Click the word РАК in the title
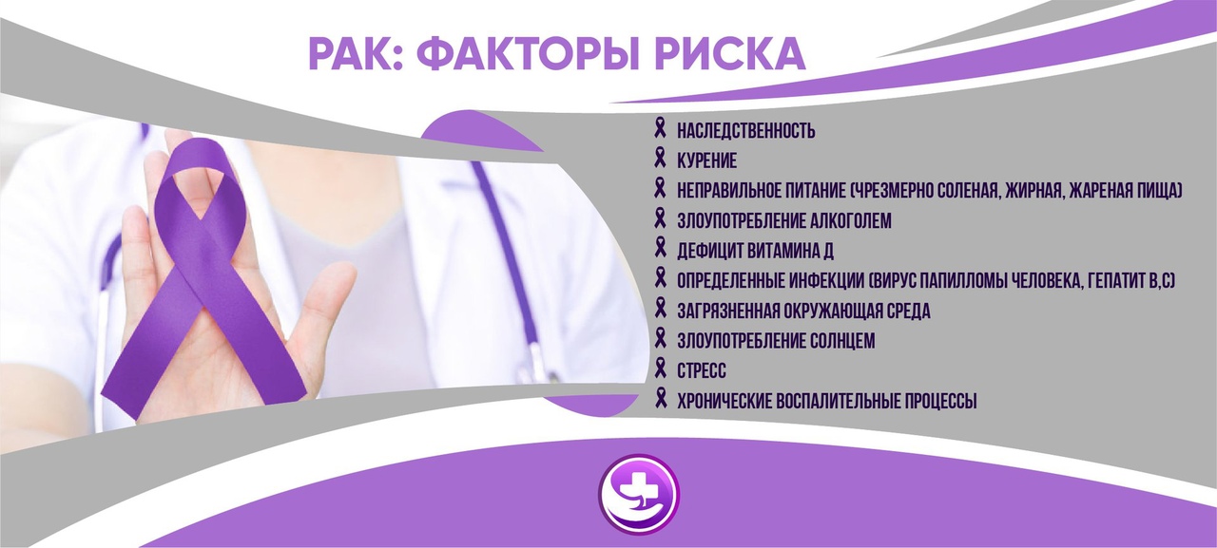[351, 54]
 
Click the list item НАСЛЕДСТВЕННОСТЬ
[746, 131]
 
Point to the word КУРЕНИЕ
[706, 161]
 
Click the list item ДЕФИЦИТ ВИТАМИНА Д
[755, 252]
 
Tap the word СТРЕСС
[702, 371]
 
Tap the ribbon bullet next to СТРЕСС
[660, 368]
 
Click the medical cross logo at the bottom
[639, 494]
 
